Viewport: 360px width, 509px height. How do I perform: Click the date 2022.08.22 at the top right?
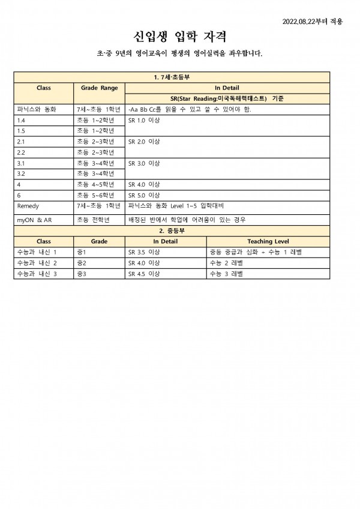[312, 22]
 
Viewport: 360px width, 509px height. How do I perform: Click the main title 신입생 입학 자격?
[179, 37]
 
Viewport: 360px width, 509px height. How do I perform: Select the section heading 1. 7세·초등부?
[172, 77]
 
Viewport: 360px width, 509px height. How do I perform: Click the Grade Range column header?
[100, 88]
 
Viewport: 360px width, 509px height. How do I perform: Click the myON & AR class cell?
[34, 220]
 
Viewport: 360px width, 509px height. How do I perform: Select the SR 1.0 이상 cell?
[143, 120]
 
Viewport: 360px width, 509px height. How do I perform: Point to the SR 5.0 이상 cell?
[143, 195]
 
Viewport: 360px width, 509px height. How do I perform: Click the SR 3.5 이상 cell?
[143, 252]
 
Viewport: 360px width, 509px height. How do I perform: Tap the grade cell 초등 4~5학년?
[95, 185]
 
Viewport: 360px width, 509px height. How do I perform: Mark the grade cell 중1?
[82, 252]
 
